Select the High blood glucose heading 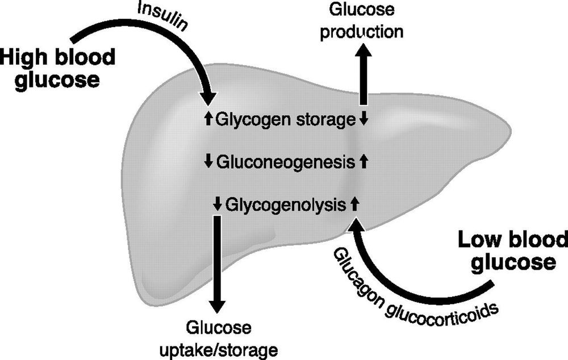click(x=57, y=68)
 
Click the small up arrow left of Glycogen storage click(x=208, y=119)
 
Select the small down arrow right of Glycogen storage click(x=365, y=119)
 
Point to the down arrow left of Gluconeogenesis click(x=208, y=162)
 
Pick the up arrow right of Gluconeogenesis click(x=365, y=162)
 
